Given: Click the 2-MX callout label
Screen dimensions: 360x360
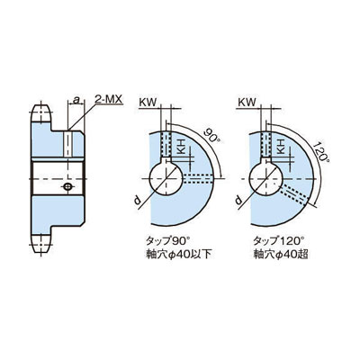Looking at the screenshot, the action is (x=109, y=99).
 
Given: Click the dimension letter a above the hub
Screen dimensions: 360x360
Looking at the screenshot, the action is (x=77, y=100).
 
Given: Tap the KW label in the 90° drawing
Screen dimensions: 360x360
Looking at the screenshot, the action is (x=148, y=103).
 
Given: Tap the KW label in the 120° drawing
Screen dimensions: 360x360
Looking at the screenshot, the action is (x=247, y=103).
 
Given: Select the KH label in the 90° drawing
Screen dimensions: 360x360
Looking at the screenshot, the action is (x=181, y=146).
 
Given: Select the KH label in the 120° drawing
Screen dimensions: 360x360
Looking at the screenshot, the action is (x=281, y=146).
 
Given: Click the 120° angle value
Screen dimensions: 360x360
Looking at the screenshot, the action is (x=320, y=152).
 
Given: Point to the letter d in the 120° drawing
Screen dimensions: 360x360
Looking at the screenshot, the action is (x=238, y=200).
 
